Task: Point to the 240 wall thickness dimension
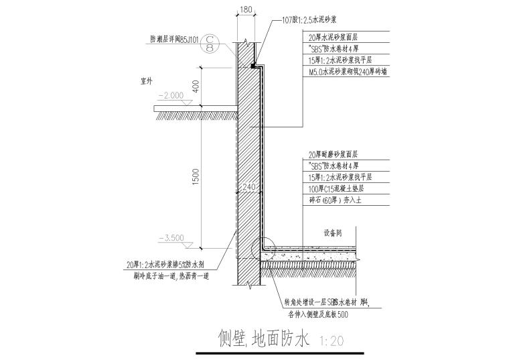point(250,187)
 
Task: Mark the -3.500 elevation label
point(171,237)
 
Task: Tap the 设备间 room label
point(333,234)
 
